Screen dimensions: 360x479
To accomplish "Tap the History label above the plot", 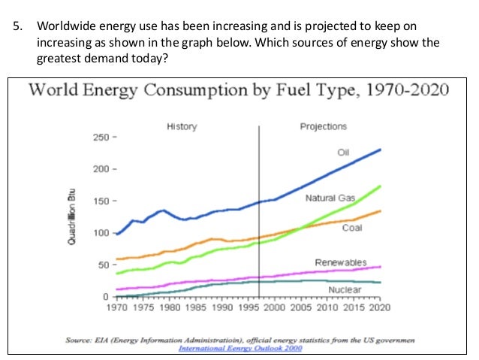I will tap(181, 126).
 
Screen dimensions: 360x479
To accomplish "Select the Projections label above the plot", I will tap(323, 126).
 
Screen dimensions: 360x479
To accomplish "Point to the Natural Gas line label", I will tap(330, 198).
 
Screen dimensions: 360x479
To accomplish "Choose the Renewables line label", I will tap(340, 262).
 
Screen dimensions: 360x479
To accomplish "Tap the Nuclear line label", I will tap(345, 289).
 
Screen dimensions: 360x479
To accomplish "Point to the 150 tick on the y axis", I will tap(99, 201).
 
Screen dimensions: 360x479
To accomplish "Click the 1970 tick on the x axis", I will tap(116, 307).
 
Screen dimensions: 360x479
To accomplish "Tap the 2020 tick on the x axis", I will tap(379, 307).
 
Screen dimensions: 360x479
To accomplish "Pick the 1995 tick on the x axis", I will tap(248, 307).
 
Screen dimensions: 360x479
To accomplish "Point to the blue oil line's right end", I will tap(380, 150).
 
